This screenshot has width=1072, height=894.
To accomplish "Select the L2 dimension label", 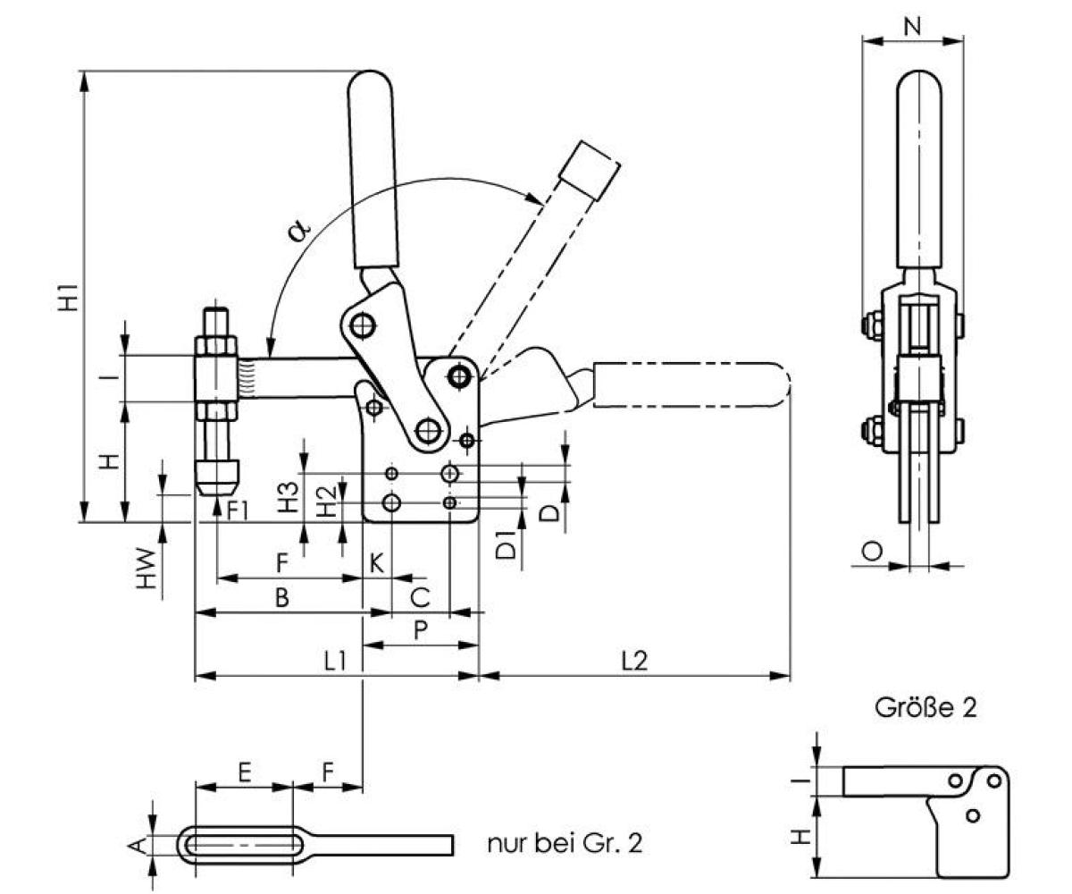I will pos(634,662).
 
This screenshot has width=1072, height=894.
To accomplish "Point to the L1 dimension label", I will pos(335,662).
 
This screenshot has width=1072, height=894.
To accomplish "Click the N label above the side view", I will pos(912,26).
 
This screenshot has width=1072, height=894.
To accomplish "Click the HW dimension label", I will pos(148,569).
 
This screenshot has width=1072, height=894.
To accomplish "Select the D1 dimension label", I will pos(506,545).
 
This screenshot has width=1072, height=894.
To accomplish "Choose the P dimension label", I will pos(421,629).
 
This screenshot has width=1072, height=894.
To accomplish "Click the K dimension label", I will pos(377,563).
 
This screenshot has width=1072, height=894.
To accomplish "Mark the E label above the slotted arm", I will pos(244,771).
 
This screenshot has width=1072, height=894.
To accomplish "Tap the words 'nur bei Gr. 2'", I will pos(565,843).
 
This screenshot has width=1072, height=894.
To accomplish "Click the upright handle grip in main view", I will pos(372,170).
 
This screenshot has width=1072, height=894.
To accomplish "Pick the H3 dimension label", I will pos(288,499).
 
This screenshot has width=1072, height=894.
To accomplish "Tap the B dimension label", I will pos(281,598).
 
